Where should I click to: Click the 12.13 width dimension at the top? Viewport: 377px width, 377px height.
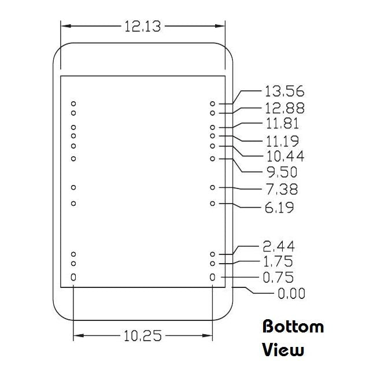click(143, 26)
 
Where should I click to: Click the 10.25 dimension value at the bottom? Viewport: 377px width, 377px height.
click(143, 335)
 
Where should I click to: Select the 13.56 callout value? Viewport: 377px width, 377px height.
click(284, 91)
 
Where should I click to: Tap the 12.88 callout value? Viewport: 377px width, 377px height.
click(284, 108)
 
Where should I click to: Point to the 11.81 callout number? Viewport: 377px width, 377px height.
click(283, 124)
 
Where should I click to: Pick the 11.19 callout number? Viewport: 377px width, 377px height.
click(283, 141)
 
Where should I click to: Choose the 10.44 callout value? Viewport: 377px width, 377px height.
click(286, 156)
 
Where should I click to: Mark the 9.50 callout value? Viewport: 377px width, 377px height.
click(282, 172)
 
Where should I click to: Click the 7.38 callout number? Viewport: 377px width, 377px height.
click(282, 189)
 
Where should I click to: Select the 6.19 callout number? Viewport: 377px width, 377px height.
click(279, 208)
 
